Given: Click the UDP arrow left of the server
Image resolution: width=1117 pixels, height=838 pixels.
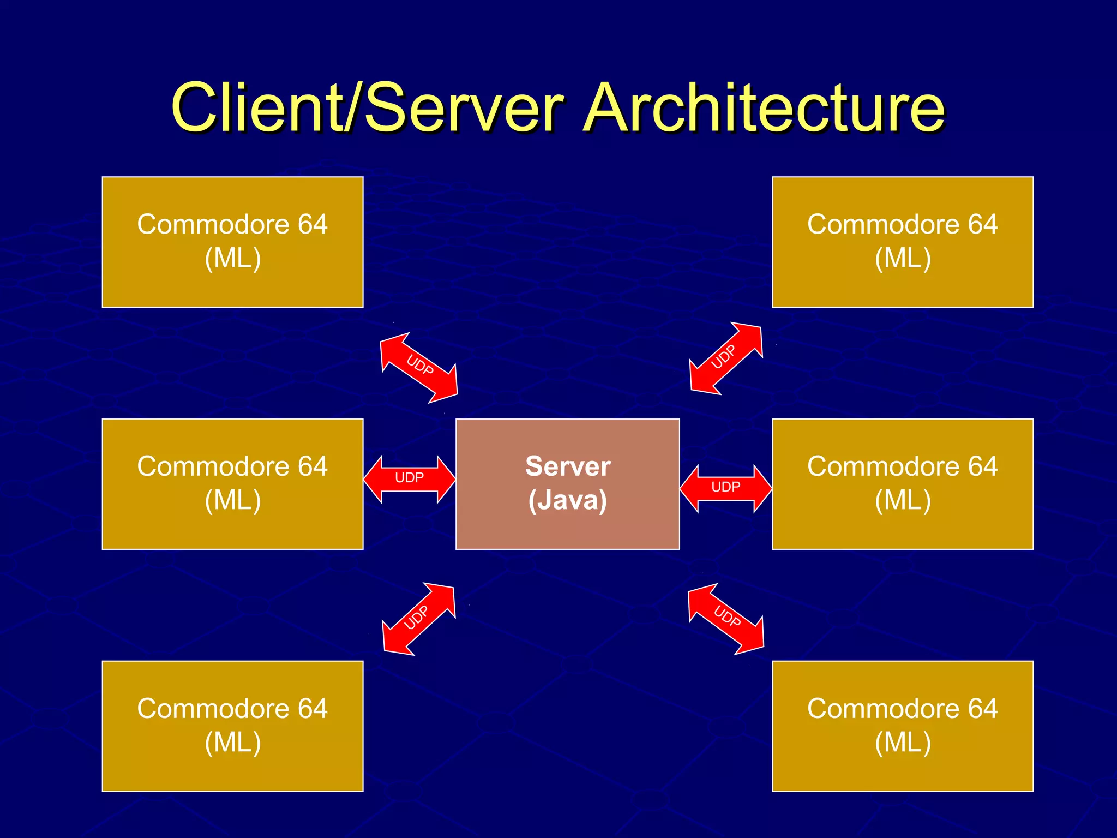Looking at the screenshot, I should coord(410,478).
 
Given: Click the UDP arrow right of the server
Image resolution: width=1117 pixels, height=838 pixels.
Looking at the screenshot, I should coord(726,488).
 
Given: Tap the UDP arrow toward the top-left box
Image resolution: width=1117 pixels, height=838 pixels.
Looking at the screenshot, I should coord(419,367).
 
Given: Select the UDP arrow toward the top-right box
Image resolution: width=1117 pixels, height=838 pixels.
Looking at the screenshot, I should coord(725,357).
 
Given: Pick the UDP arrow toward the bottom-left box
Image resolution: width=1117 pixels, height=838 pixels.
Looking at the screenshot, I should coord(418,619).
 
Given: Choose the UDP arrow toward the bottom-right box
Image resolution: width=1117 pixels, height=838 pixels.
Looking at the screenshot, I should coord(726,618).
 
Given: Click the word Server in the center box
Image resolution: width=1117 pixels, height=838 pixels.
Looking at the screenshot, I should coord(568,466).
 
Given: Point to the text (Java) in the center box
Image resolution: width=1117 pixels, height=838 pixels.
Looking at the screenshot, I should coord(568,500).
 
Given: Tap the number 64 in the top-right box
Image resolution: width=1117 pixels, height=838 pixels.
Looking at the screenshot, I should coord(982,224).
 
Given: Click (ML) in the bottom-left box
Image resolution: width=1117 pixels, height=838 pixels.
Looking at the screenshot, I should coord(233,743).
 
